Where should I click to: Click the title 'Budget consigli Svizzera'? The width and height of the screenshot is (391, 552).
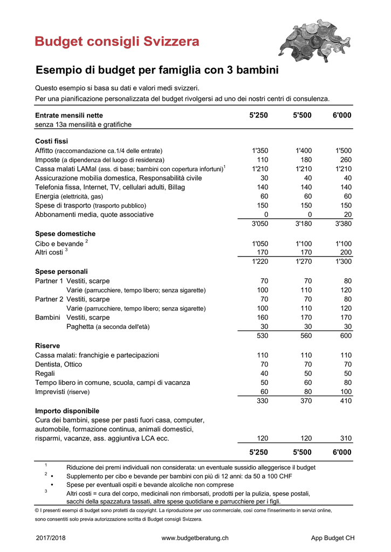[117, 42]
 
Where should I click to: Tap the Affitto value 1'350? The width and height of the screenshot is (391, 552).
[260, 150]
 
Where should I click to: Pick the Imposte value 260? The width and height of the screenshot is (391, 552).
[345, 160]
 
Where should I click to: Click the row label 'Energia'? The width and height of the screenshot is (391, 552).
[47, 196]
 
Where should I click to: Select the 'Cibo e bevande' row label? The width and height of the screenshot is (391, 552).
[59, 244]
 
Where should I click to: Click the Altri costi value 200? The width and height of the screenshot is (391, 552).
[345, 252]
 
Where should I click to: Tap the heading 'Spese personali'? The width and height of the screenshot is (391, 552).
[61, 271]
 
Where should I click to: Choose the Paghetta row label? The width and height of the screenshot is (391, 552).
[81, 327]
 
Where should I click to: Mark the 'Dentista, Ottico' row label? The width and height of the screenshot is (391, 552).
[59, 364]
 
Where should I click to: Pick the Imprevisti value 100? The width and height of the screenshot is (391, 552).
[345, 392]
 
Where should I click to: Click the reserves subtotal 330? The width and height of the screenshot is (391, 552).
[262, 401]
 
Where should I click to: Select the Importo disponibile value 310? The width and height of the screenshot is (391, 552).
[345, 439]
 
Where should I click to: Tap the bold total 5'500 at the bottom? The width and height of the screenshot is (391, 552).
[302, 452]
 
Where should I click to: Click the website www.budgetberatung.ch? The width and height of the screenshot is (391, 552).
[195, 538]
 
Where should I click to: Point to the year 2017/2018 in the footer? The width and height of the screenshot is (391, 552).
[50, 538]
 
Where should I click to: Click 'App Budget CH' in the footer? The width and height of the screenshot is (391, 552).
[333, 538]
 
